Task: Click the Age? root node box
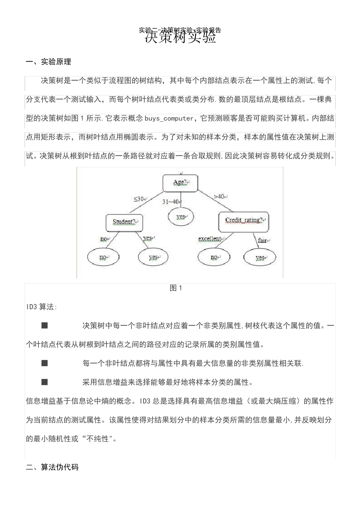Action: pyautogui.click(x=181, y=183)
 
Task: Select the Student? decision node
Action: pyautogui.click(x=125, y=222)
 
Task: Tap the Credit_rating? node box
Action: pyautogui.click(x=243, y=221)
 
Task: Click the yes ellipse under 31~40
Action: pyautogui.click(x=181, y=217)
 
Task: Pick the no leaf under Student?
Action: pyautogui.click(x=103, y=258)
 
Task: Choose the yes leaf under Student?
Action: pyautogui.click(x=153, y=258)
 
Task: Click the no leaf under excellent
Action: pyautogui.click(x=214, y=258)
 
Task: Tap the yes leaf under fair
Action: pyautogui.click(x=260, y=258)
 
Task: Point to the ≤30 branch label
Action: pyautogui.click(x=139, y=199)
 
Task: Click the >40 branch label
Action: pyautogui.click(x=220, y=197)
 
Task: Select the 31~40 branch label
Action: pyautogui.click(x=171, y=202)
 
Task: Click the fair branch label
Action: pyautogui.click(x=263, y=240)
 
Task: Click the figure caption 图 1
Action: pyautogui.click(x=176, y=288)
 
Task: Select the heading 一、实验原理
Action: pyautogui.click(x=49, y=62)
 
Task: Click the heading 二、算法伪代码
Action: pyautogui.click(x=52, y=467)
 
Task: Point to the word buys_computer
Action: pyautogui.click(x=169, y=119)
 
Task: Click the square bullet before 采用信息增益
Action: pyautogui.click(x=45, y=382)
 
